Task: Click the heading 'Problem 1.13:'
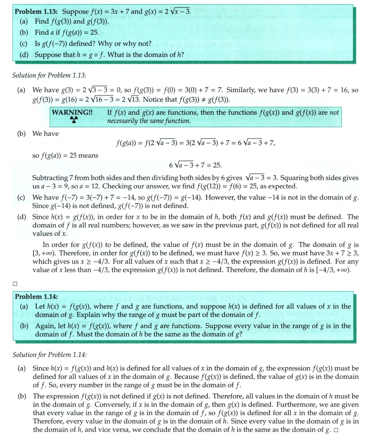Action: (36, 11)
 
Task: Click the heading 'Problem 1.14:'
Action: (33, 297)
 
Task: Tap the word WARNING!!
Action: (70, 113)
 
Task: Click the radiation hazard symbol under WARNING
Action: (70, 121)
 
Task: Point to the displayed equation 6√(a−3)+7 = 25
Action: (195, 166)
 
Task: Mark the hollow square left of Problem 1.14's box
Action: (15, 284)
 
